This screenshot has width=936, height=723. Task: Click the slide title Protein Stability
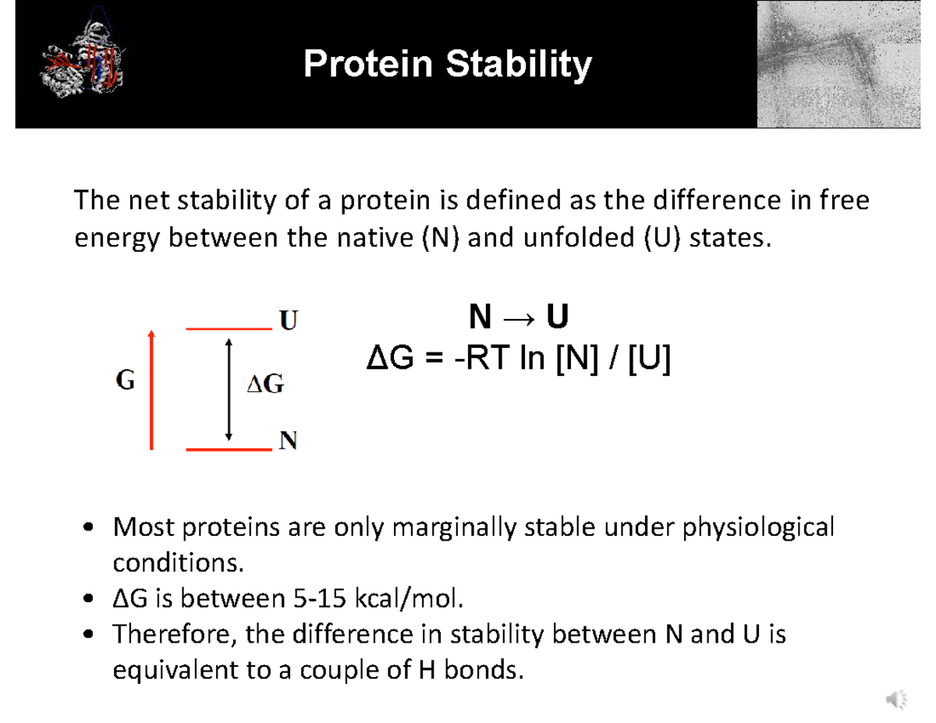447,64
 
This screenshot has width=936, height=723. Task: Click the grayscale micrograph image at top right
838,64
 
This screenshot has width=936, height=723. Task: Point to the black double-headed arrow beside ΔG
228,388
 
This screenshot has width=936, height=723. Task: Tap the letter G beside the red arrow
125,381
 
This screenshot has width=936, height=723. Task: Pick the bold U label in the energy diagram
289,321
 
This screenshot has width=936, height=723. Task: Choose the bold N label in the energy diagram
289,442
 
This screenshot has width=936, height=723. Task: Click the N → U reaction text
518,318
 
